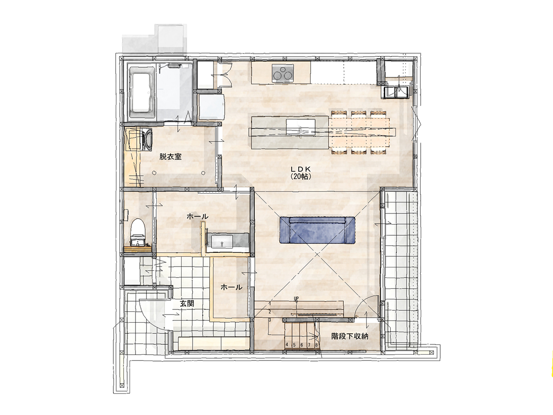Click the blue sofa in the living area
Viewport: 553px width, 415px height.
tap(317, 230)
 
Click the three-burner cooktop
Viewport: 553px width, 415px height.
tap(282, 73)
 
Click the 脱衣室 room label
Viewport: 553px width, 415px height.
tap(171, 156)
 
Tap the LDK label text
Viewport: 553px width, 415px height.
tap(301, 169)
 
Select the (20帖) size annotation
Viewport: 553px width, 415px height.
tap(301, 176)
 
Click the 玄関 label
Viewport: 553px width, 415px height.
tap(187, 303)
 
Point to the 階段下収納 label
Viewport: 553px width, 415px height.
tap(350, 336)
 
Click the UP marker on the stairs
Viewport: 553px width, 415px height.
tap(296, 299)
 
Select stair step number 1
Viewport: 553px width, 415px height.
tap(270, 303)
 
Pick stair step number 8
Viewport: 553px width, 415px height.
tap(316, 345)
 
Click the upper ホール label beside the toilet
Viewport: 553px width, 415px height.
tap(198, 216)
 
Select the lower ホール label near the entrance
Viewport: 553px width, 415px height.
tap(231, 287)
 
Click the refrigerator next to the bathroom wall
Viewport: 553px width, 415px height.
tap(211, 107)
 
